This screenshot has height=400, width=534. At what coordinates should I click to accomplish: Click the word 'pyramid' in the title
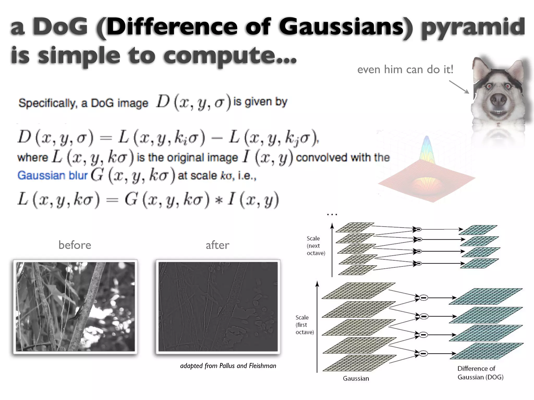coord(473,27)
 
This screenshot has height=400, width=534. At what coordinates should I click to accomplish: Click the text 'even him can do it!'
coord(405,70)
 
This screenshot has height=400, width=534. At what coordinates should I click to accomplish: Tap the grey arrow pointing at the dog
coord(459,87)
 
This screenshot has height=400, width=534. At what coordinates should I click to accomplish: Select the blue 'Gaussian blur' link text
coord(52,175)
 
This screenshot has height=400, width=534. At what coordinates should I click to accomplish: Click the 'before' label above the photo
coord(75,245)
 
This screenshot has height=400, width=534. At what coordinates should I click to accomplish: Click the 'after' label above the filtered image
coord(217,245)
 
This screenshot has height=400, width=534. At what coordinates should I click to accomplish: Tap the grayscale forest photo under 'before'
coord(75,307)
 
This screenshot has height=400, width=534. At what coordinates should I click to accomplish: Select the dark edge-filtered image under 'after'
coord(218,307)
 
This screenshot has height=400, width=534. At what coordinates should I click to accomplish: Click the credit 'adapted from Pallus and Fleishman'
coord(228,366)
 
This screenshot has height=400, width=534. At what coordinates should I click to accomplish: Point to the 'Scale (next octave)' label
coord(316,246)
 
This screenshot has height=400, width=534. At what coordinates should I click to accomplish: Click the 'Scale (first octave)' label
coord(305,325)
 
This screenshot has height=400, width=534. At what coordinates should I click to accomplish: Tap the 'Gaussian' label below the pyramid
coord(356,378)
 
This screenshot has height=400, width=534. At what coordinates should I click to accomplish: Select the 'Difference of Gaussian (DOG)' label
coord(480,373)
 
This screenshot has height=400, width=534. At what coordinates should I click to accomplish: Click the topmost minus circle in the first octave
coord(424,298)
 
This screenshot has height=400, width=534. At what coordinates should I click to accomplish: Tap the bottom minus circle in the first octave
coord(424,353)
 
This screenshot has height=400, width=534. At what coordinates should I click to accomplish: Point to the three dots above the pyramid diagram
coord(332,215)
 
